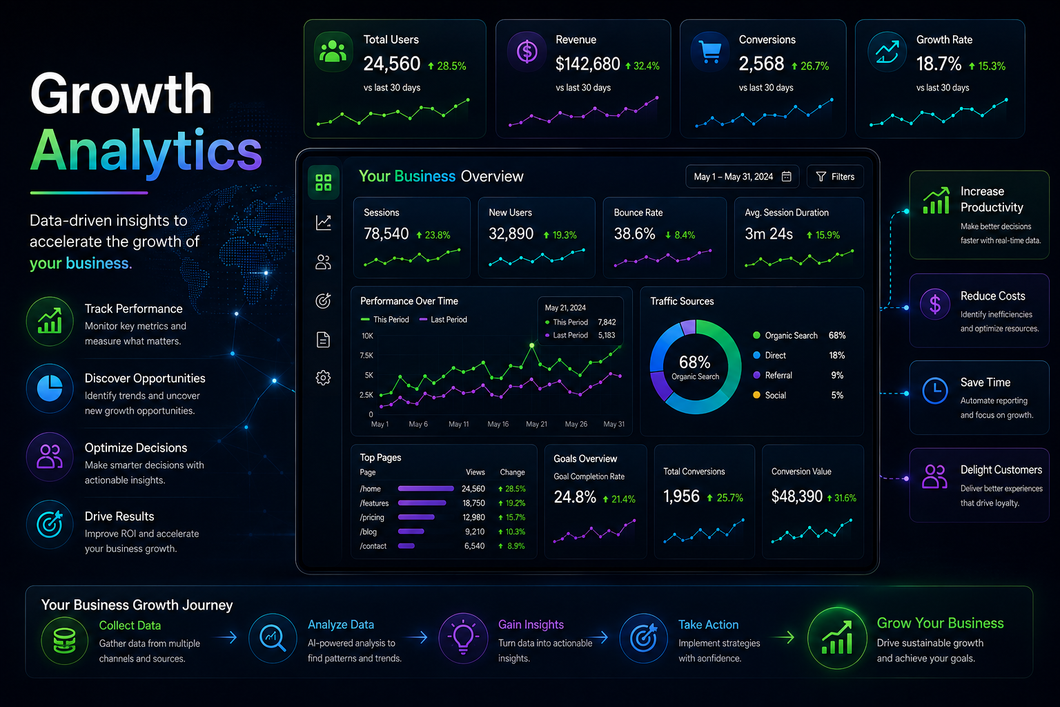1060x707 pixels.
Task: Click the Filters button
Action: coord(835,177)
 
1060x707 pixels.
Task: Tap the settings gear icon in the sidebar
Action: coord(323,378)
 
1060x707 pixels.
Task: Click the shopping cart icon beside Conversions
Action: coord(710,52)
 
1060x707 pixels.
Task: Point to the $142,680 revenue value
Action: coord(587,64)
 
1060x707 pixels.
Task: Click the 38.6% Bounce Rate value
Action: coord(634,234)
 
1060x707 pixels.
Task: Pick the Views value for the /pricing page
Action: coord(473,518)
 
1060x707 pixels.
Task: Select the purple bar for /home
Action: coord(426,489)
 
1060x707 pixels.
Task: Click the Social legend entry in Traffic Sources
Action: coord(769,396)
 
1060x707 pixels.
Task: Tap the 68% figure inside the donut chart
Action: coord(695,362)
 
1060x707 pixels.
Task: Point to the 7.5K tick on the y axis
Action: coord(366,355)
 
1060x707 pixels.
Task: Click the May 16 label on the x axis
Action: coord(498,425)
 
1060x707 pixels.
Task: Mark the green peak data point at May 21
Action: coord(532,345)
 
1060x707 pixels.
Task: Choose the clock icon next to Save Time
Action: coord(934,391)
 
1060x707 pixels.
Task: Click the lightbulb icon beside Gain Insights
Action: coord(463,637)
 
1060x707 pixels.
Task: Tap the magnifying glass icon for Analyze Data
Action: coord(273,638)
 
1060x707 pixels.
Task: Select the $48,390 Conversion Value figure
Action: coord(797,496)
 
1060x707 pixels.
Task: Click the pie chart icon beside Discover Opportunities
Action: coord(50,388)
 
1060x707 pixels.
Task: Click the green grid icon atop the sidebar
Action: coord(324,182)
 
